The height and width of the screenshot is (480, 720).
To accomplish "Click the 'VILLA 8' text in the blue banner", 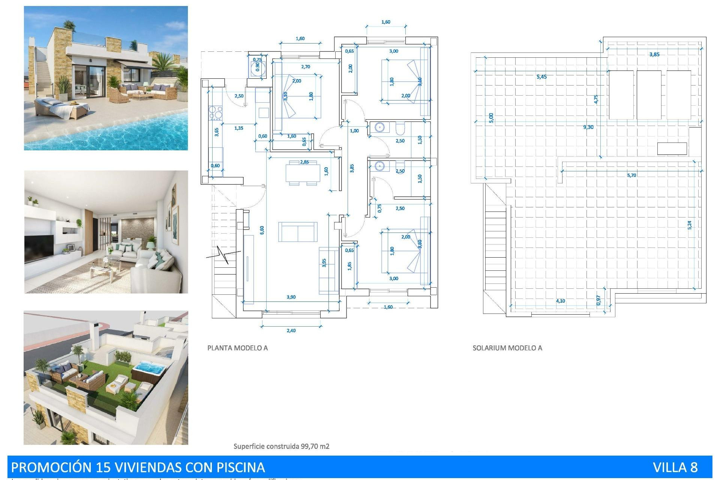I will click(x=675, y=467).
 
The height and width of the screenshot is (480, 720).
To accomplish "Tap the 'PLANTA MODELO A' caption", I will click(x=237, y=348).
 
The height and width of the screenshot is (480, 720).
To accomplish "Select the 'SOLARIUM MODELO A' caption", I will click(x=507, y=348).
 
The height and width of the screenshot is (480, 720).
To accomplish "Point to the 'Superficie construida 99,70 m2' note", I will click(x=281, y=446).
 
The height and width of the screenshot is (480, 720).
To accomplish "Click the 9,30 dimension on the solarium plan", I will click(x=588, y=127).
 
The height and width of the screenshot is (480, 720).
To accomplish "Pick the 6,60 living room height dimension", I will click(x=262, y=230).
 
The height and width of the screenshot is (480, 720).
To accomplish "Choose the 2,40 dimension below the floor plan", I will click(x=291, y=330).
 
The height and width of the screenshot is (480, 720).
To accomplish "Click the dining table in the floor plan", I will click(x=303, y=173).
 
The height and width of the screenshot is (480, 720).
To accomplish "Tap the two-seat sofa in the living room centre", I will click(x=298, y=232).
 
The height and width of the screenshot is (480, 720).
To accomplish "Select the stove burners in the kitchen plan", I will click(x=216, y=113).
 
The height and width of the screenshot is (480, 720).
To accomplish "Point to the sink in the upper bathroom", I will click(x=379, y=128).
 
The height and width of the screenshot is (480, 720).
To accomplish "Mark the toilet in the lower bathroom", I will click(x=400, y=166).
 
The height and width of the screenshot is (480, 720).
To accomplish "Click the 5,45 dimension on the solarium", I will click(x=541, y=77).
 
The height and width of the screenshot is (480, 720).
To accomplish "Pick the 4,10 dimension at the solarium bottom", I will click(x=560, y=301).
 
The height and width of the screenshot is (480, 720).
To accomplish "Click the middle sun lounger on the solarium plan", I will click(x=649, y=95).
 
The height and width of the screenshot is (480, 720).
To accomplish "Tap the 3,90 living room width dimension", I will click(x=291, y=297).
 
